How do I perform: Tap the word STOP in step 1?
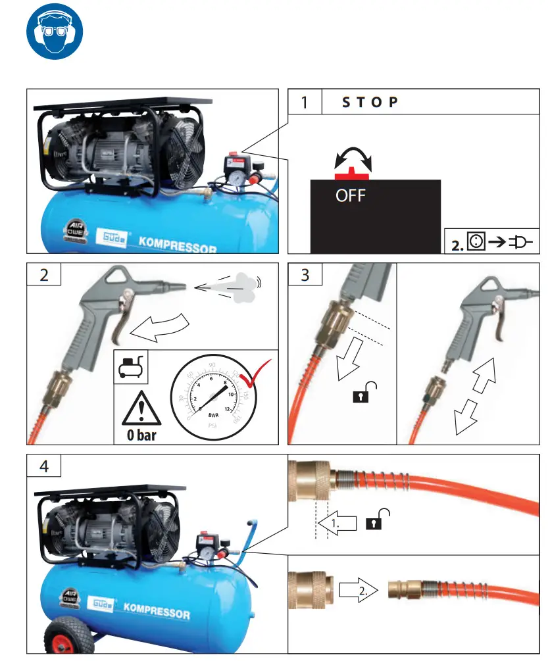(370, 102)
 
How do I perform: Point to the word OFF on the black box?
(351, 195)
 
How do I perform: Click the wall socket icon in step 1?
(476, 241)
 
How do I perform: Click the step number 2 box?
(43, 274)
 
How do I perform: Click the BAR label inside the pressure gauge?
(213, 416)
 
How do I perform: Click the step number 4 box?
(43, 466)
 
